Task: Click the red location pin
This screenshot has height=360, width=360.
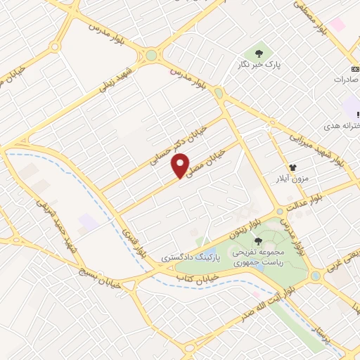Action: coord(181,165)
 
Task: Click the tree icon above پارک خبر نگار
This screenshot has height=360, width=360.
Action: coord(259,53)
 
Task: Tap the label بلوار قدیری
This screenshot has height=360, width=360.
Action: coord(133,241)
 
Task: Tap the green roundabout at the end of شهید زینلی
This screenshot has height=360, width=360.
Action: coord(151,55)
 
